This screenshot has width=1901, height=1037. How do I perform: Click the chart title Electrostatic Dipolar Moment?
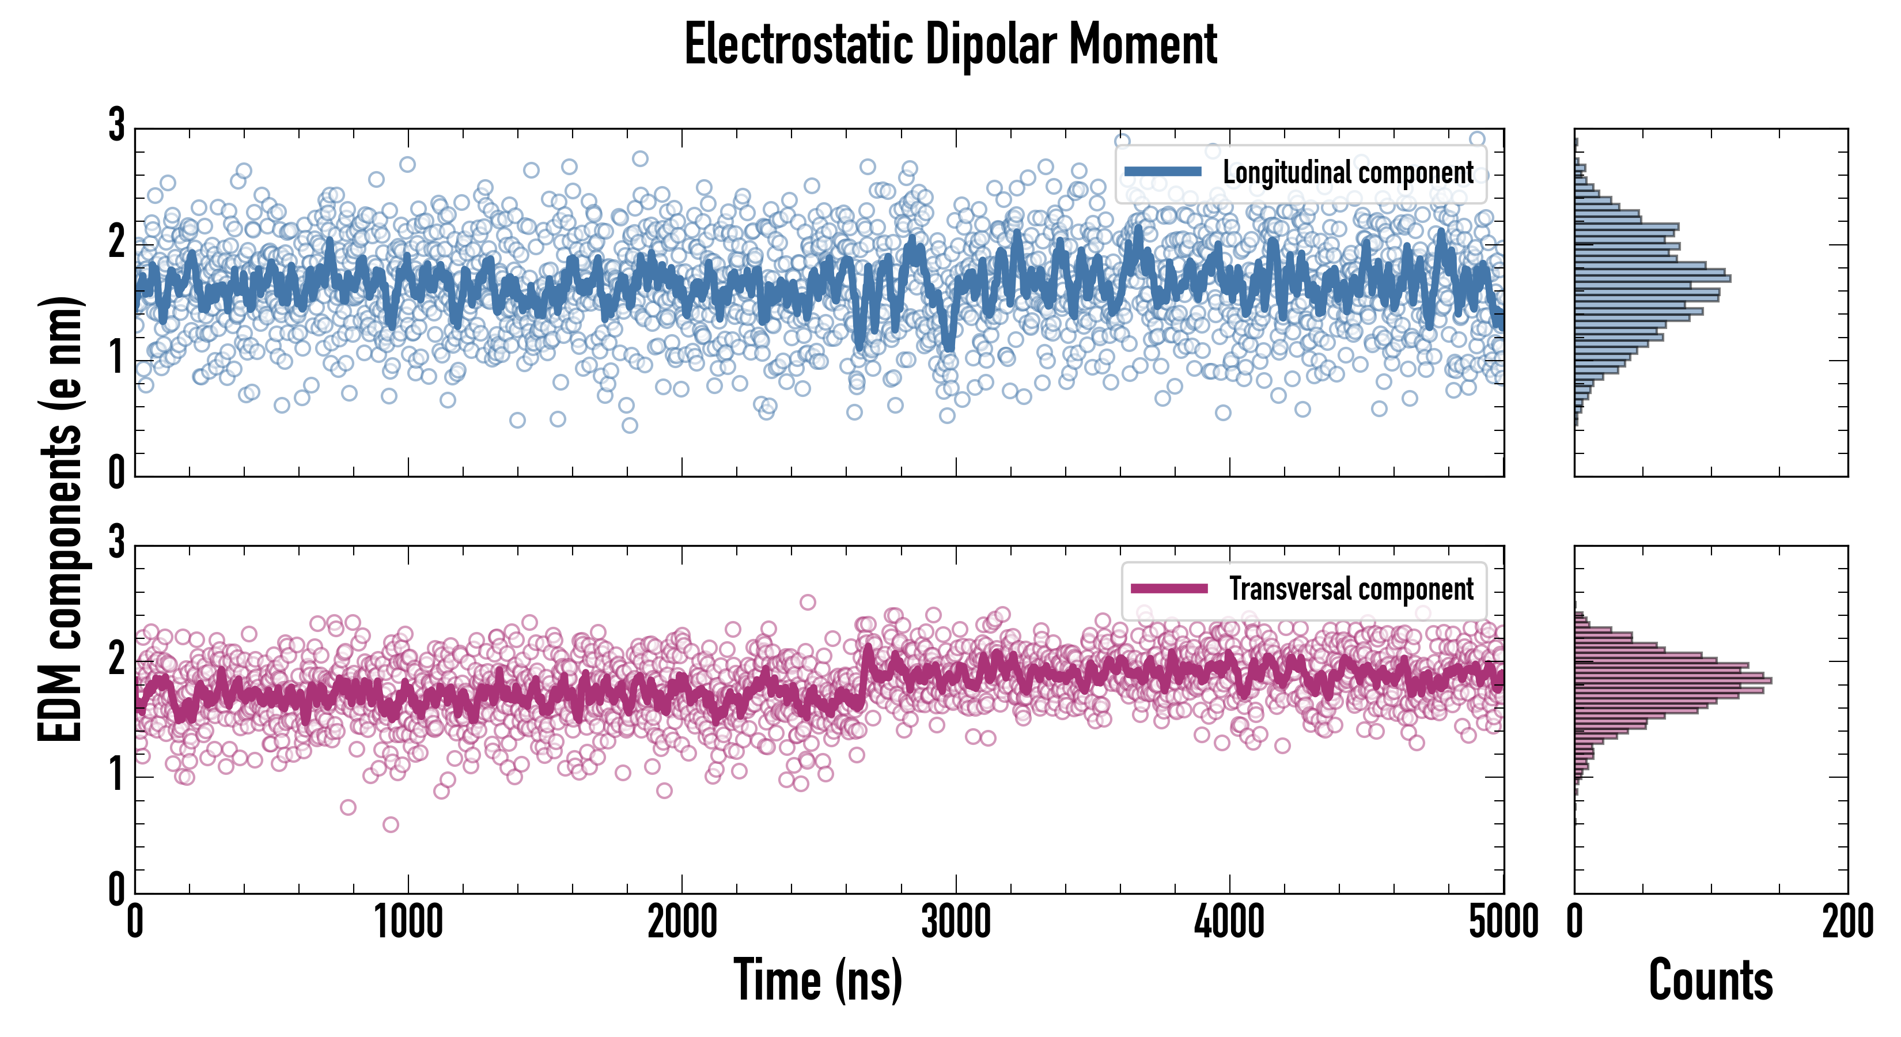[950, 44]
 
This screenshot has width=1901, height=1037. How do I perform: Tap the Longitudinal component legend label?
[1347, 173]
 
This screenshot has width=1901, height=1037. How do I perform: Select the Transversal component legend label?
[1350, 589]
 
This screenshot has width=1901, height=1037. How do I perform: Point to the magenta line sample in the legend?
[1169, 588]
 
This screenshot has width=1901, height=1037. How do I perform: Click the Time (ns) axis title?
[817, 979]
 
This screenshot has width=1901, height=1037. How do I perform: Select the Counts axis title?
[1710, 979]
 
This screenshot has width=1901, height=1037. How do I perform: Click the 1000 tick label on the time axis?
[408, 922]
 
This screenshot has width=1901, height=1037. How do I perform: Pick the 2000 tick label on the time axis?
[682, 922]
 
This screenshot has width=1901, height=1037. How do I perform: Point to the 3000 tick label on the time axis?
[956, 922]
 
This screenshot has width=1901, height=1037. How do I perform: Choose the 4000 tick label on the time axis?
[1229, 922]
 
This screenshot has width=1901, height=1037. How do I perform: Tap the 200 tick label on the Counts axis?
[1847, 922]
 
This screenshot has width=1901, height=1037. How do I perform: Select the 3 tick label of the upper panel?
[116, 126]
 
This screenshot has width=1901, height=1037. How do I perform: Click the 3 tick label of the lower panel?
[116, 543]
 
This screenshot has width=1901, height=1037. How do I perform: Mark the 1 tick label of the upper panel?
[116, 359]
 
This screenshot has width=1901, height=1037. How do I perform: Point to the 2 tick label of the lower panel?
[116, 659]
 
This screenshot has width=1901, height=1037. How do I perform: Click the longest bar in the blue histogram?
[1653, 278]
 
